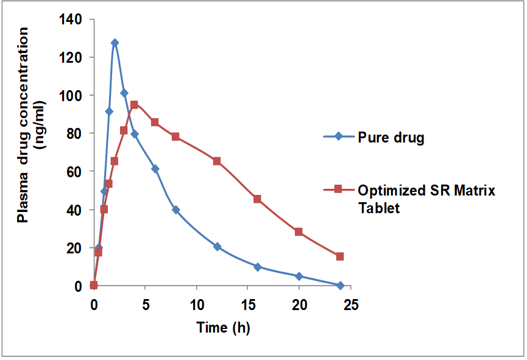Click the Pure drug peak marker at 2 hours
[115, 43]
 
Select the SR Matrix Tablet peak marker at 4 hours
[134, 105]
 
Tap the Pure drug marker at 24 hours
[340, 286]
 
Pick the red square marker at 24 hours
[340, 256]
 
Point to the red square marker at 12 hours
[216, 161]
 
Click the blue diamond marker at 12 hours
[216, 247]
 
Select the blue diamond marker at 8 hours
[175, 210]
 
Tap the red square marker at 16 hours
[258, 199]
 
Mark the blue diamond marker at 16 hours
[258, 267]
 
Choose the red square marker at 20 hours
[299, 232]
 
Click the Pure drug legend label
[391, 137]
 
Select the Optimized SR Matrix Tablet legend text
[426, 199]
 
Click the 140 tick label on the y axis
[71, 19]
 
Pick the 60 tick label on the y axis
[75, 172]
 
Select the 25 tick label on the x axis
[350, 304]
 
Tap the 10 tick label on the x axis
[196, 304]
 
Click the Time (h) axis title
[223, 328]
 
